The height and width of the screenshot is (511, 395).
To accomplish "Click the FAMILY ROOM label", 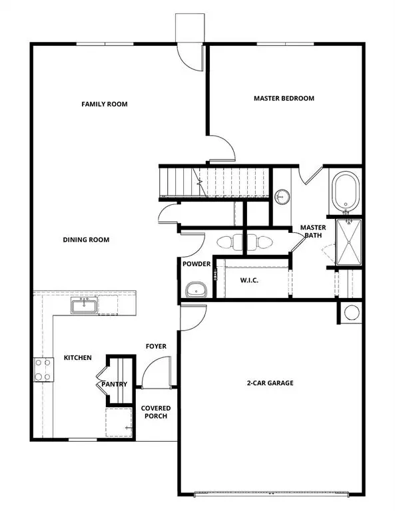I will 104,104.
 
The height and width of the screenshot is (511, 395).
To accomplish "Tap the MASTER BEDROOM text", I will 284,98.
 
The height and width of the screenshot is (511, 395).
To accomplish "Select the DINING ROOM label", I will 86,240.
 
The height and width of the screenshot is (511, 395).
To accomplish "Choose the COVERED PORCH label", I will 155,412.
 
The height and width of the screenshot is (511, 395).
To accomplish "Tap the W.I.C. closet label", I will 249,280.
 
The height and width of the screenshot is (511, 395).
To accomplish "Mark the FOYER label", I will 156,347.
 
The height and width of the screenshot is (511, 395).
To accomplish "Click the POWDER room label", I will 197,264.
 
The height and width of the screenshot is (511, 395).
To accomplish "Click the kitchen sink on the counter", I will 85,306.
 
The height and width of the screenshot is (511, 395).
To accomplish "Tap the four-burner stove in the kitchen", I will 43,370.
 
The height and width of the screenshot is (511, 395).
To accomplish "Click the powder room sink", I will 195,289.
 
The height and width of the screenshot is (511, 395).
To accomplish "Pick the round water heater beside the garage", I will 352,311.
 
